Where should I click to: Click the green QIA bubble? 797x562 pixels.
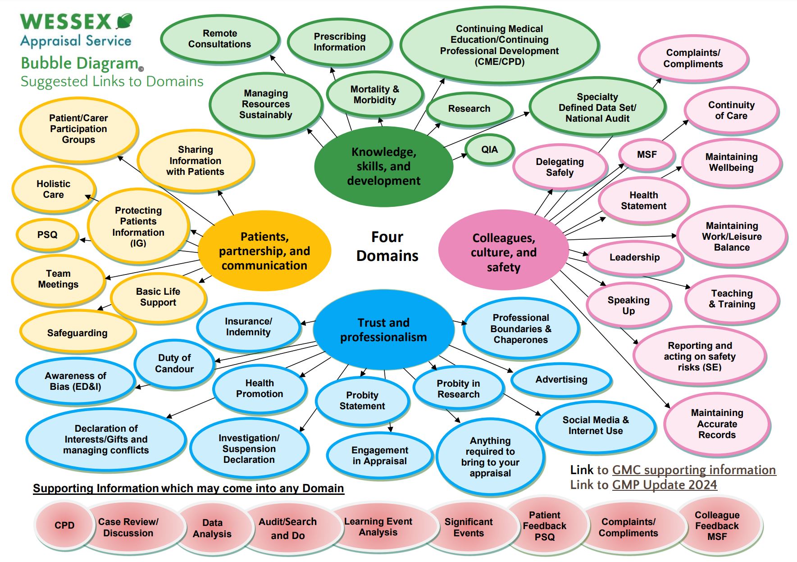click(489, 150)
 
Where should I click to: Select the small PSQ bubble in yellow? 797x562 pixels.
click(47, 235)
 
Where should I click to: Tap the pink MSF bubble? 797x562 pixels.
click(647, 155)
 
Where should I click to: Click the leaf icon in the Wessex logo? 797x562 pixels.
click(124, 21)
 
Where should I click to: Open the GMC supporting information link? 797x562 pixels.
click(693, 470)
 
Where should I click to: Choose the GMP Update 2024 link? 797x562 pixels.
click(664, 485)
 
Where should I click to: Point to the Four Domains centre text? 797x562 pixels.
click(387, 247)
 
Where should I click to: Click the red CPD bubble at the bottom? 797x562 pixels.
click(64, 525)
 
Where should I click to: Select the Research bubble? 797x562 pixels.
click(469, 109)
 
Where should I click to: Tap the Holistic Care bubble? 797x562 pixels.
click(53, 189)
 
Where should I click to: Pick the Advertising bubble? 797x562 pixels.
click(561, 379)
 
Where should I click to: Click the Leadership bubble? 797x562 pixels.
click(634, 257)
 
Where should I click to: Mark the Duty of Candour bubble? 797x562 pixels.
click(174, 363)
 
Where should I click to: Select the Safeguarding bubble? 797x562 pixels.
click(77, 333)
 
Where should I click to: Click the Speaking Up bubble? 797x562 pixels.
click(628, 306)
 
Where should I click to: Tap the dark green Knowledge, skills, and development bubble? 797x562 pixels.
click(383, 166)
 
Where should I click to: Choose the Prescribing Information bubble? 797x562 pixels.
click(339, 42)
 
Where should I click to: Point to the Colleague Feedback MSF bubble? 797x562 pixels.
click(717, 525)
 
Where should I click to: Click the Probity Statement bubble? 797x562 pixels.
click(362, 401)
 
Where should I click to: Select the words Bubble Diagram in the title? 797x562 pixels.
click(80, 64)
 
